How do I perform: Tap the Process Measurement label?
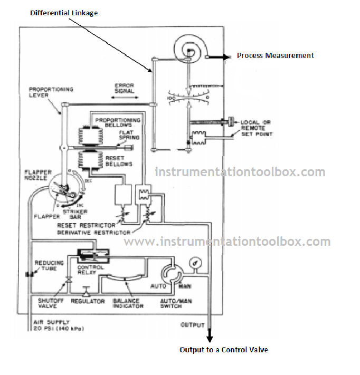click(x=275, y=55)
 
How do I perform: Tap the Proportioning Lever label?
click(x=51, y=93)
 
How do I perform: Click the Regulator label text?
click(x=87, y=301)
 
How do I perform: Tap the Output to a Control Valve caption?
click(x=223, y=350)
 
